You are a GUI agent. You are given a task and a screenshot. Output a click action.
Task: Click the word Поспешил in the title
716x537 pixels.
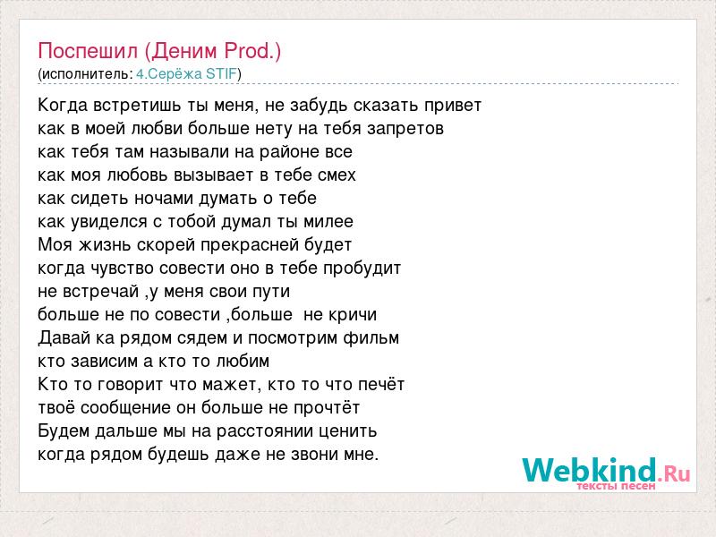pos(88,51)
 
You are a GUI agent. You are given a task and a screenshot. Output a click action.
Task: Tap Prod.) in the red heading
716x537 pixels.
pos(252,51)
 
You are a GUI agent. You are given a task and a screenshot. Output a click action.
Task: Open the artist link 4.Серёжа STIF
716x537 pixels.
pos(187,74)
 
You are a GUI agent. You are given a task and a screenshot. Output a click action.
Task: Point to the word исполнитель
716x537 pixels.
pos(85,74)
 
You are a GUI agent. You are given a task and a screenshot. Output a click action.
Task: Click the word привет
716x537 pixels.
pos(453,106)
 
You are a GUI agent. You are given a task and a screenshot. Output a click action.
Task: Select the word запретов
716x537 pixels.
pos(405,129)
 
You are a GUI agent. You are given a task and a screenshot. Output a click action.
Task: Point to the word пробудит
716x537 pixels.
pos(362,268)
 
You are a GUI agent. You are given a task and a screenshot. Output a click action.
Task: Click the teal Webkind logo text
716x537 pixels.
pos(590,469)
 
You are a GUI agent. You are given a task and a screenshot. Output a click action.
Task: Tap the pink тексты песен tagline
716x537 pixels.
pos(616,486)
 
